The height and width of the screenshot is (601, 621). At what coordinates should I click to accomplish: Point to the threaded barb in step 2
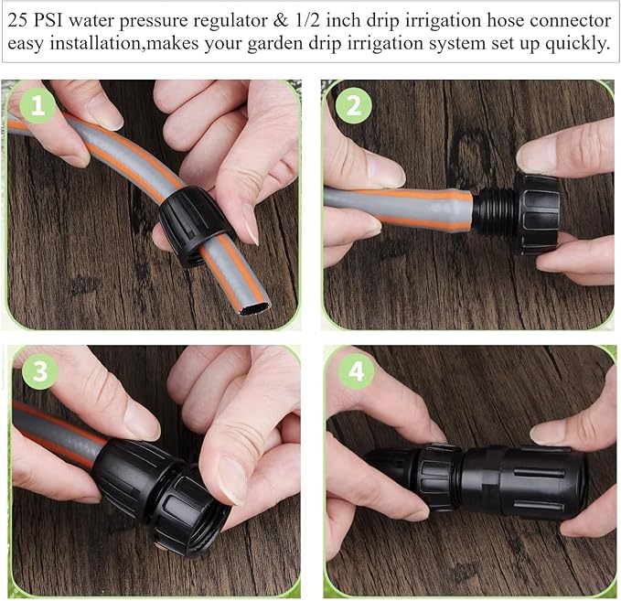485,214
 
